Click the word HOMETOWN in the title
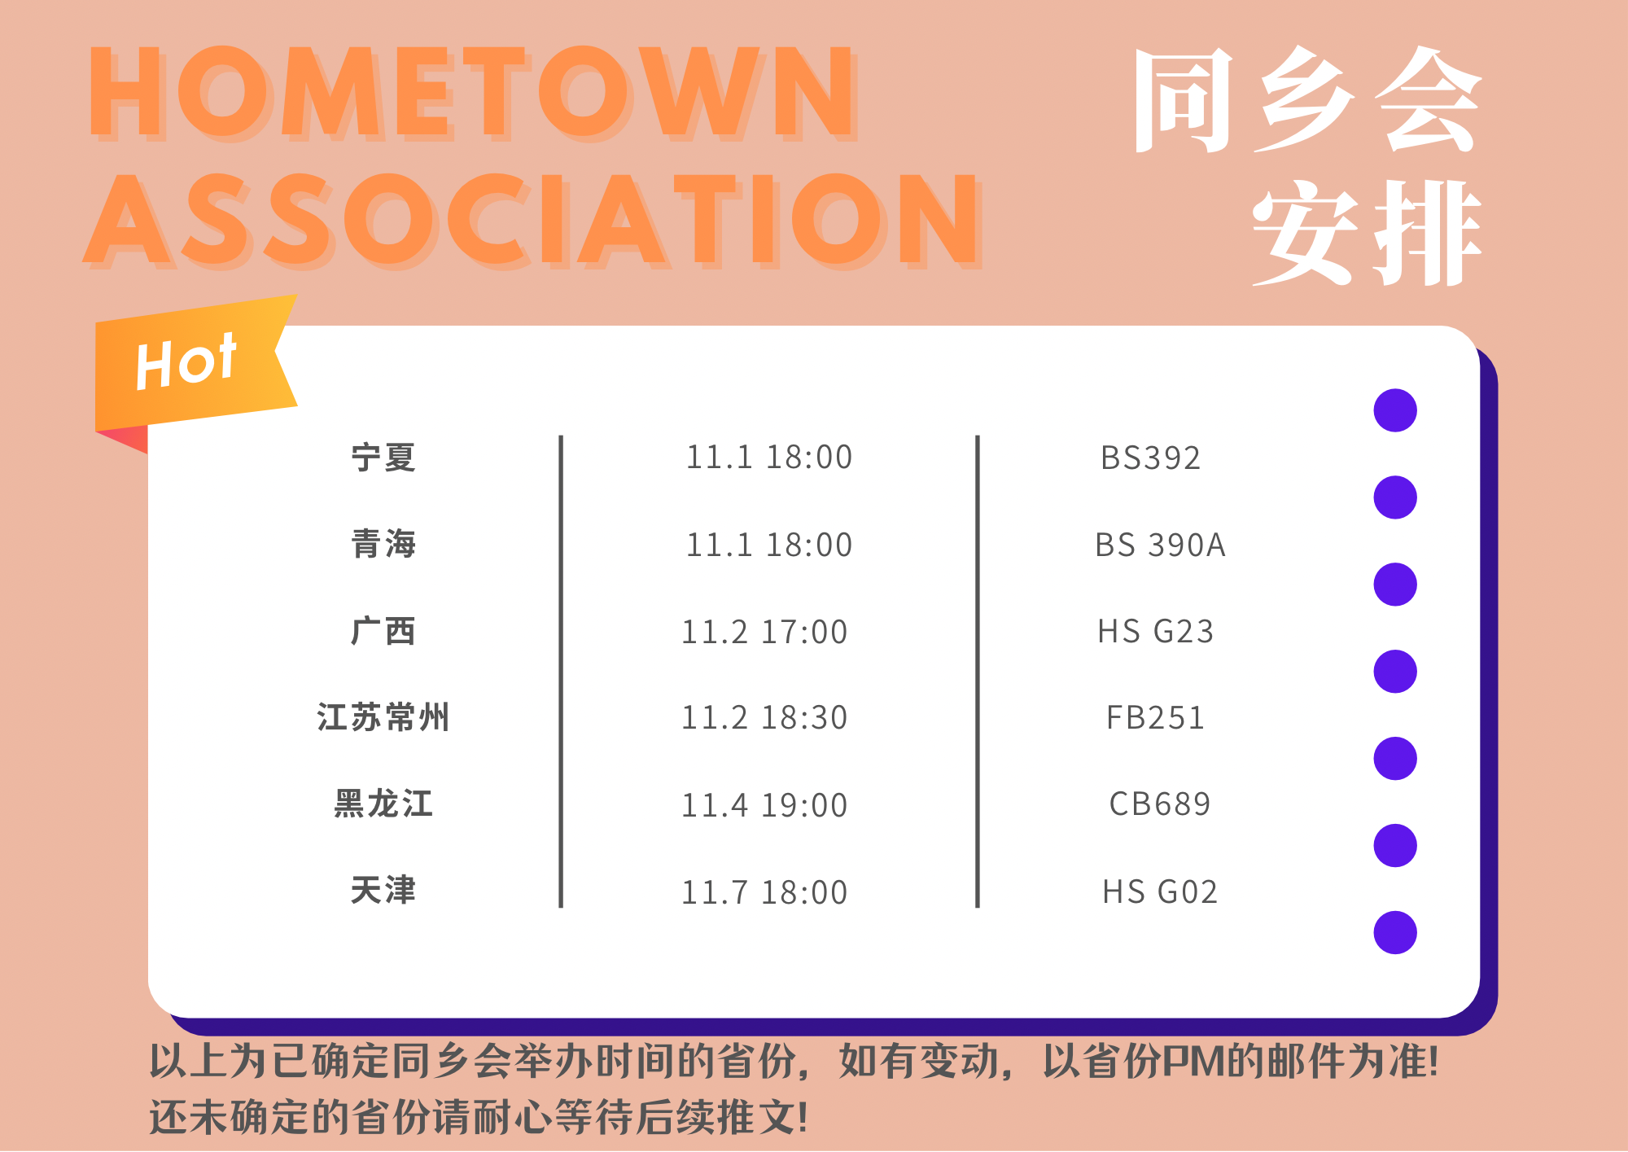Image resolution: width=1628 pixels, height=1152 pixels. coord(472,91)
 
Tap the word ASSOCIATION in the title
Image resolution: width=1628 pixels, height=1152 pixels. coord(533,220)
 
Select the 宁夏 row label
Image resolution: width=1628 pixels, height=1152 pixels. coord(383,458)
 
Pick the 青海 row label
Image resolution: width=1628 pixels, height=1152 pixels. coord(383,544)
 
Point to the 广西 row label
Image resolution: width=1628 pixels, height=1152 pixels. coord(383,631)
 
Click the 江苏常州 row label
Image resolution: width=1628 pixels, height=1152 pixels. coord(383,717)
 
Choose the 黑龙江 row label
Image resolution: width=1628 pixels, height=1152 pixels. coord(383,804)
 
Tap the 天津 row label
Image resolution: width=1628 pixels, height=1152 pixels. coord(383,890)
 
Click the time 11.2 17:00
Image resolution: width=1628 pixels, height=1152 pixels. coord(764,632)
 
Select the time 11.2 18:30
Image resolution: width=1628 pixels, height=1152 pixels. coord(764,718)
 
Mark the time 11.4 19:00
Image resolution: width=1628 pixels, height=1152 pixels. coord(764,805)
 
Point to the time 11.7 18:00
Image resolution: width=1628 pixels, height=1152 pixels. coord(764,892)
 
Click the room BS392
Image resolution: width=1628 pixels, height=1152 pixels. coord(1150,458)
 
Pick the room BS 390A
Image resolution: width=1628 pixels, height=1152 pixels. coord(1160,545)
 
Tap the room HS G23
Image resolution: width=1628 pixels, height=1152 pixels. coord(1155,632)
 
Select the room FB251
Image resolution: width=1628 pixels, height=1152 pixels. coord(1155,718)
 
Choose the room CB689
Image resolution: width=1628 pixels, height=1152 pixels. coord(1160,804)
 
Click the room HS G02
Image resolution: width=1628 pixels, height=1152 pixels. coord(1160,892)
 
